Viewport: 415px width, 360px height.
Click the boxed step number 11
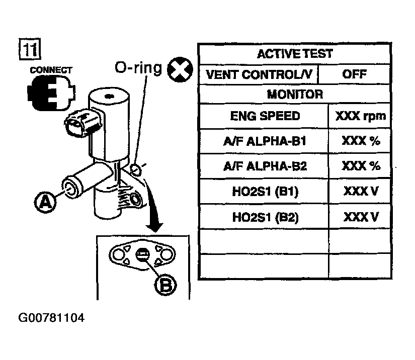coord(30,49)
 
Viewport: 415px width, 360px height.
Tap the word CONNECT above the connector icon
coord(51,70)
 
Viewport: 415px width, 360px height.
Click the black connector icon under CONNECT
coord(51,93)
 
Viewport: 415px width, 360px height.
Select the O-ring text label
coord(138,68)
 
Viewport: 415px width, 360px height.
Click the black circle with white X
coord(180,69)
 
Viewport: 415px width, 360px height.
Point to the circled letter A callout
coord(45,202)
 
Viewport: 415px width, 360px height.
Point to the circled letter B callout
coord(165,285)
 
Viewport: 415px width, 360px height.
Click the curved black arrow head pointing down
coord(155,227)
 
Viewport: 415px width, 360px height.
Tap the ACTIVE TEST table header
coord(295,54)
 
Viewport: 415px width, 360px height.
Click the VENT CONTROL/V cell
coord(259,74)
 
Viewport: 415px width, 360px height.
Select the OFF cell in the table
coord(355,74)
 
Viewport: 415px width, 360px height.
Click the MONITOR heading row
coord(295,95)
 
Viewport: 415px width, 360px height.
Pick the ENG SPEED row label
coord(265,116)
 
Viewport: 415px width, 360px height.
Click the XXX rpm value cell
coord(360,116)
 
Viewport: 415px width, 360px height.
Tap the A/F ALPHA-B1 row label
coord(265,141)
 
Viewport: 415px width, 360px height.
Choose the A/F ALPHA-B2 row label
coord(265,166)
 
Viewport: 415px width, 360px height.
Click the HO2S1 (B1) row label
coord(265,191)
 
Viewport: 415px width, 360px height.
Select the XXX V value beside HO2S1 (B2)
coord(361,217)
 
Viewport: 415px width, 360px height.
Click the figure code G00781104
coord(51,318)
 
